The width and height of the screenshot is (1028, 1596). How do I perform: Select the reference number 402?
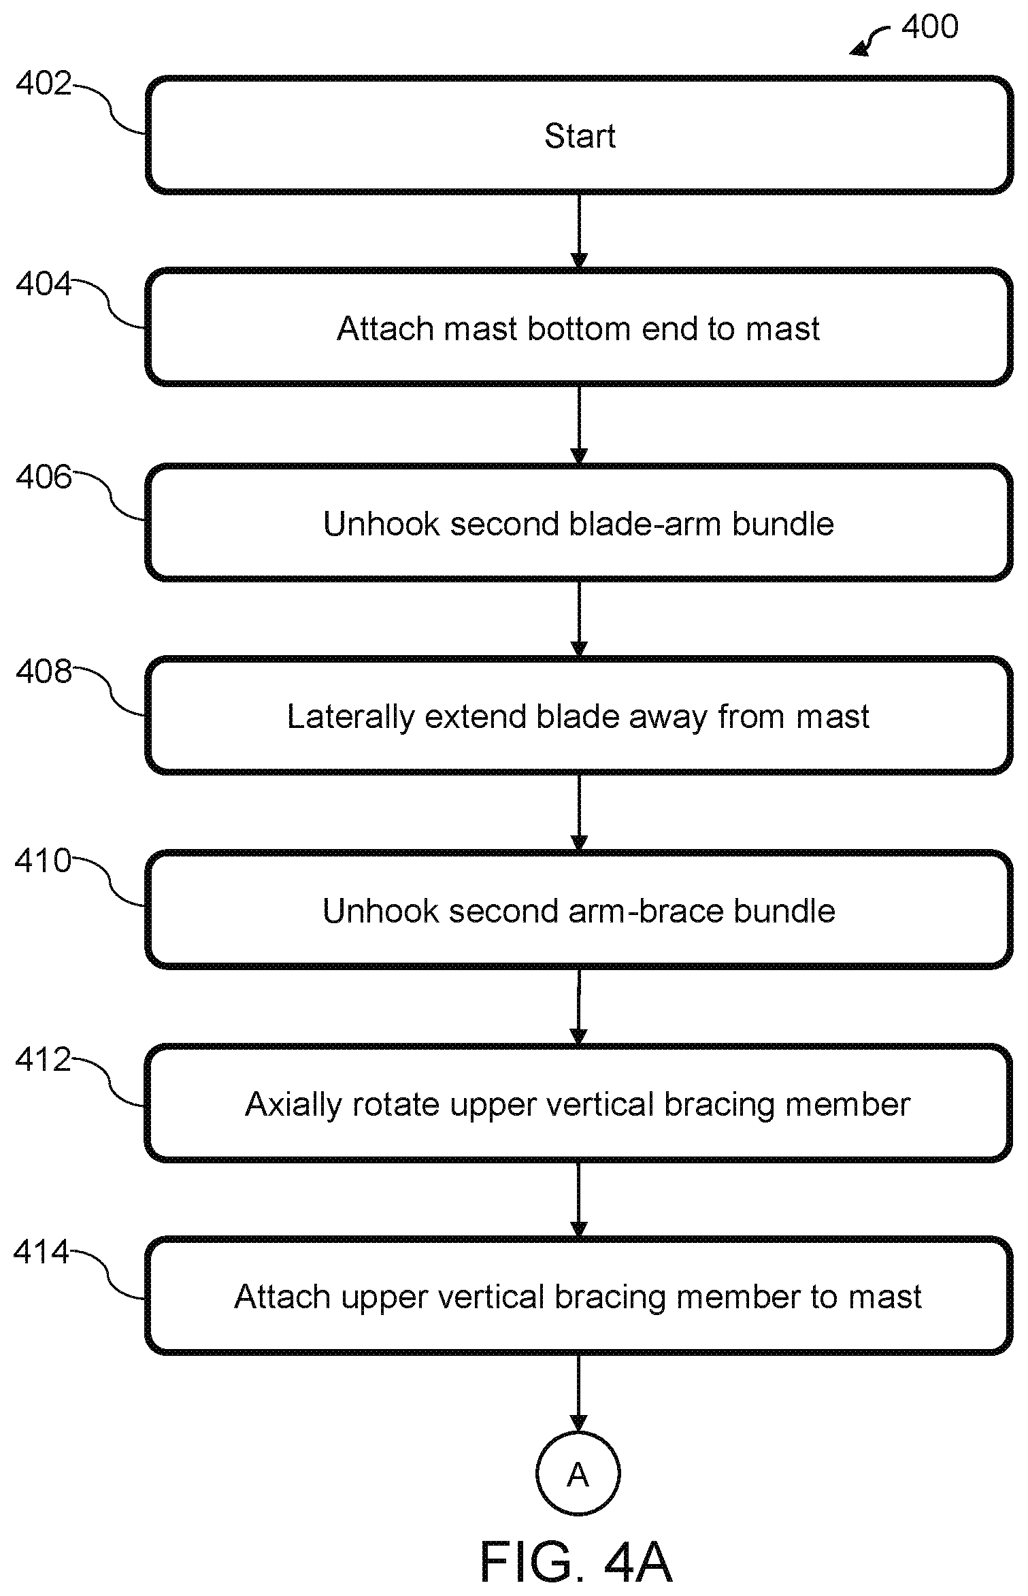coord(44,84)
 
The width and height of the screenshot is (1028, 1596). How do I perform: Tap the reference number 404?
coord(44,284)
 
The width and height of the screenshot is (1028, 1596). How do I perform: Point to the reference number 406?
coord(44,477)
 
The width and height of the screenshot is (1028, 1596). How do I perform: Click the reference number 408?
coord(44,671)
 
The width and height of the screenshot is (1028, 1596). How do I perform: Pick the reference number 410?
coord(43,861)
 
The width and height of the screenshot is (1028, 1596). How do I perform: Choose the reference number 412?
coord(43,1060)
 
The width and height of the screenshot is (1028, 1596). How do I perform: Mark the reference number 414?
coord(42,1252)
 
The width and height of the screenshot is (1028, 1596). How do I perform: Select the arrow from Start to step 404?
coord(579,231)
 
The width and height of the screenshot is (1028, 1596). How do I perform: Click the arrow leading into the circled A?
coord(578,1393)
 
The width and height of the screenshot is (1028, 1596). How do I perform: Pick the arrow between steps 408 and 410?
coord(579,813)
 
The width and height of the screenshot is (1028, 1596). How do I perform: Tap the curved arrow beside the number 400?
coord(869,39)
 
